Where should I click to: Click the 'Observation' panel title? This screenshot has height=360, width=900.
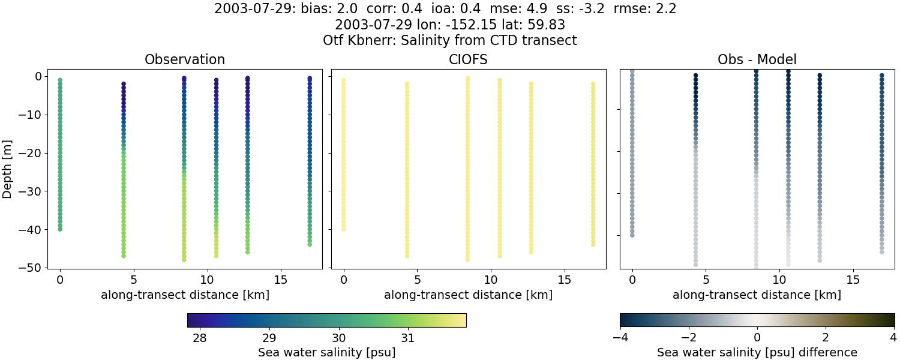coord(185,60)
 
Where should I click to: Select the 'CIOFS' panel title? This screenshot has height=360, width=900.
coord(468,60)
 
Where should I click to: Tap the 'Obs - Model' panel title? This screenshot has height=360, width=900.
coord(757,60)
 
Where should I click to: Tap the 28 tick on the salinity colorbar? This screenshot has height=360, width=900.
coord(200,338)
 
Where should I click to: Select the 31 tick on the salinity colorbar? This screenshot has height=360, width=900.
coord(409,338)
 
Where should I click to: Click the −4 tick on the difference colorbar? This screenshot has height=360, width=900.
coord(620,338)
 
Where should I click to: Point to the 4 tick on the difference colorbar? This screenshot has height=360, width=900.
coord(894,338)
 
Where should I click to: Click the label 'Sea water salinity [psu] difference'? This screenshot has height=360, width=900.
coord(757,352)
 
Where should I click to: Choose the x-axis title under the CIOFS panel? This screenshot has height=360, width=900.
coord(468,295)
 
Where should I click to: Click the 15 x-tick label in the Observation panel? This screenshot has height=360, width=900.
coord(280,280)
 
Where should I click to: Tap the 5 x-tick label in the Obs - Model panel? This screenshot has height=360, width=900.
coord(706,280)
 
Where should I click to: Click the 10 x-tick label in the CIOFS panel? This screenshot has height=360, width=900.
coord(490,280)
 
